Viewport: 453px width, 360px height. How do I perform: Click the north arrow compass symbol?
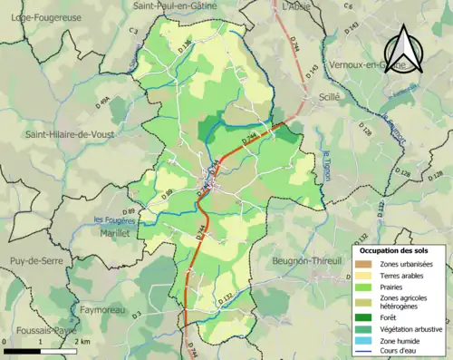(405, 50)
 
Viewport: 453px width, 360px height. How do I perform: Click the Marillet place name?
(110, 232)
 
